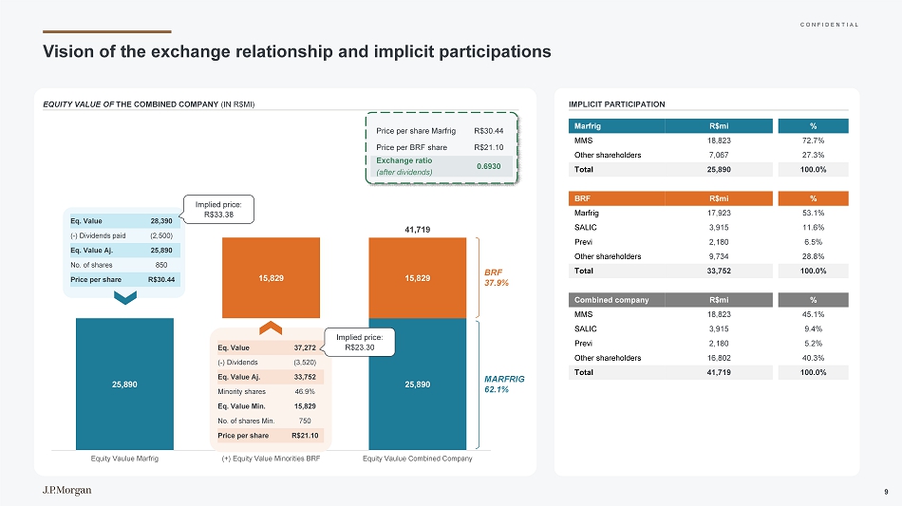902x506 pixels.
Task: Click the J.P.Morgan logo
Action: click(x=66, y=490)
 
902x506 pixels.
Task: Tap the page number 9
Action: click(x=885, y=491)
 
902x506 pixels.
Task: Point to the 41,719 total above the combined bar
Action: click(x=417, y=229)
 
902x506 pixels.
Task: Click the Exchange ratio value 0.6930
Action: click(x=489, y=165)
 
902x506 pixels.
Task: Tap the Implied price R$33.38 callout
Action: click(x=219, y=210)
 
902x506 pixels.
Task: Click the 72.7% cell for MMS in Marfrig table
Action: click(x=813, y=141)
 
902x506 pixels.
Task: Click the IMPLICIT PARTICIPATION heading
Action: click(x=616, y=103)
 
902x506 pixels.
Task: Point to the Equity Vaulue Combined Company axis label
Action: click(x=418, y=459)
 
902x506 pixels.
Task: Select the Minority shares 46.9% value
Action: click(x=305, y=391)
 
